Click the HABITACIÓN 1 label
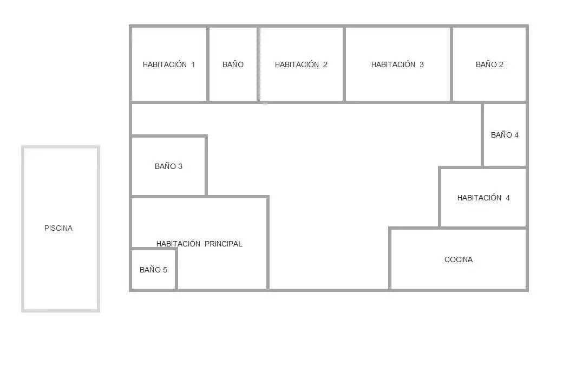coord(169,64)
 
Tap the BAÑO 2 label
coord(489,64)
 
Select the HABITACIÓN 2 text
coord(301,64)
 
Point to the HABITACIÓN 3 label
coord(397,64)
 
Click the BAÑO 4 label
coord(505,135)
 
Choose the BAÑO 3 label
coord(168,166)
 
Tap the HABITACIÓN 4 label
coord(483,198)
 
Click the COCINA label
coord(459,259)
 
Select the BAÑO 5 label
coord(153,270)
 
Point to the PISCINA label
coord(58,229)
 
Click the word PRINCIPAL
coord(224,244)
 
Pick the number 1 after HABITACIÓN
coord(193,64)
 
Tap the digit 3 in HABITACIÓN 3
coord(422,64)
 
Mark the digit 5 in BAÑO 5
coord(165,270)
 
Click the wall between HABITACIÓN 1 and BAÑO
coord(208,64)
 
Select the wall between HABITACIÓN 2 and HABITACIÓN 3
coord(344,64)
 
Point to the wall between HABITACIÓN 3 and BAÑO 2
coord(451,64)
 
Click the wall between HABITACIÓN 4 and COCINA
coord(483,228)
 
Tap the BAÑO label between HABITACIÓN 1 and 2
coord(233,64)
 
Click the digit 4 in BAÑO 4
coord(516,135)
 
